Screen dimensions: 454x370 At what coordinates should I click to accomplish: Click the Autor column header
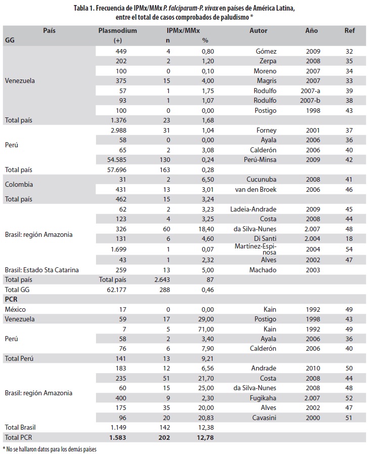coord(258,31)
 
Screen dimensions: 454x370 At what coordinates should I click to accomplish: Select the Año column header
coord(312,31)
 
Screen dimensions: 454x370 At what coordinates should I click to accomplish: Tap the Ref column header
coord(349,31)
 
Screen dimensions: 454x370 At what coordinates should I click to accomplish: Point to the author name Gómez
coord(266,51)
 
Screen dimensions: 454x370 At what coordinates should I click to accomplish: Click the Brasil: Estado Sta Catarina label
coord(41,270)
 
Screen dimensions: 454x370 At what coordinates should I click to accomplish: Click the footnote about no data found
coord(49,449)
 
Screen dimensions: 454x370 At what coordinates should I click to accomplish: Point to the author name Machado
coord(263,270)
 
